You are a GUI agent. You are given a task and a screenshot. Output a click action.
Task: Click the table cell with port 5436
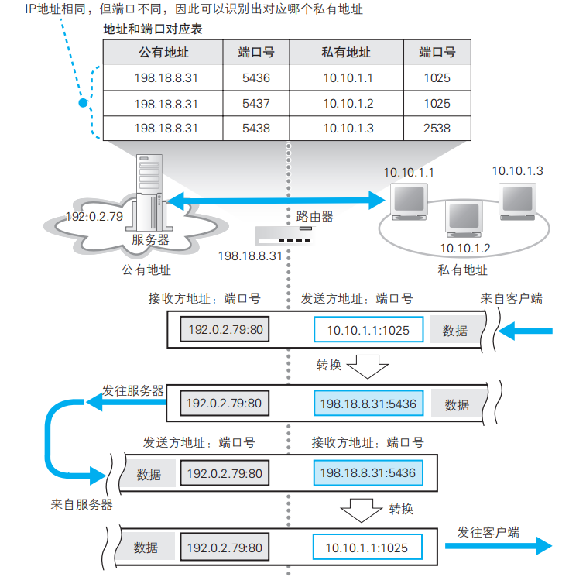tap(255, 78)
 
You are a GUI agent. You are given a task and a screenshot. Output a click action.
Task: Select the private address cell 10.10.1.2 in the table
tap(348, 103)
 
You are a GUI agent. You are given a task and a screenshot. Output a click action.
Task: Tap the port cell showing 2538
tap(437, 128)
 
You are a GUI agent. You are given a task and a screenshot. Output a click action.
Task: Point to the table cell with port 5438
tap(255, 128)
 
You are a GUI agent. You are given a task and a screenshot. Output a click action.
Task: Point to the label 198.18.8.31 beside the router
tap(249, 256)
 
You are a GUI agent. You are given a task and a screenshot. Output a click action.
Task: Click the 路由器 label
tap(315, 217)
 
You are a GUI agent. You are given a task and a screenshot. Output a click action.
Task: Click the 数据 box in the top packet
tap(455, 331)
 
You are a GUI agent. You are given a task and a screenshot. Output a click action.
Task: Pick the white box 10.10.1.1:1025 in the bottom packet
tap(366, 548)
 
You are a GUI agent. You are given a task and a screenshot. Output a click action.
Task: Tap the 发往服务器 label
tap(133, 391)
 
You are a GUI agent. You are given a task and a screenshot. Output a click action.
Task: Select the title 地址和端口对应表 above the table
tap(155, 29)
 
